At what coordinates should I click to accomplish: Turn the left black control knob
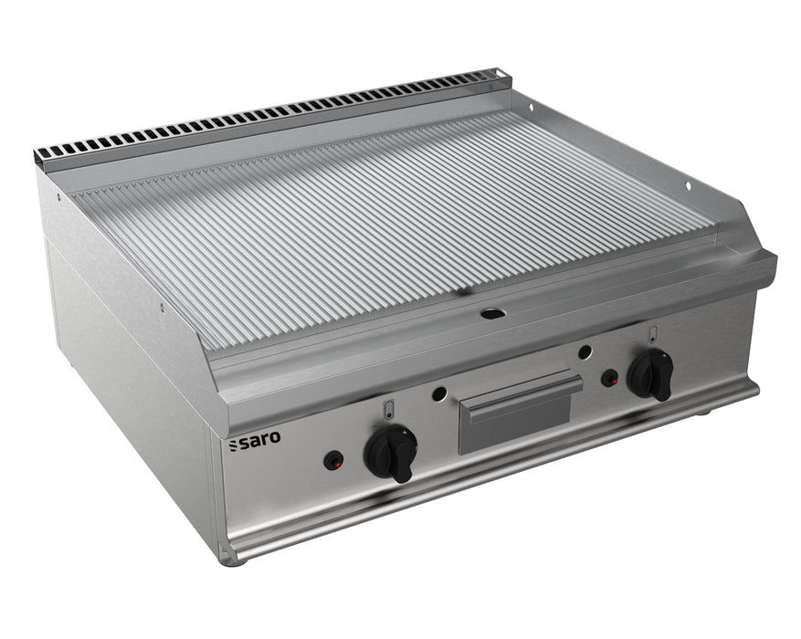[x=391, y=451]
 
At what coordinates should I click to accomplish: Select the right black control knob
[x=650, y=373]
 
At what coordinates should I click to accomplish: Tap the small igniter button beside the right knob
[x=608, y=375]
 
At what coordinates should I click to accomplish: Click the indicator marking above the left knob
[x=389, y=409]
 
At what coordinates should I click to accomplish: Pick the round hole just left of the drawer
[x=439, y=393]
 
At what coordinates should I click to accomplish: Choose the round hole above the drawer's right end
[x=585, y=351]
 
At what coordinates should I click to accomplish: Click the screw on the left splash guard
[x=162, y=308]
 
